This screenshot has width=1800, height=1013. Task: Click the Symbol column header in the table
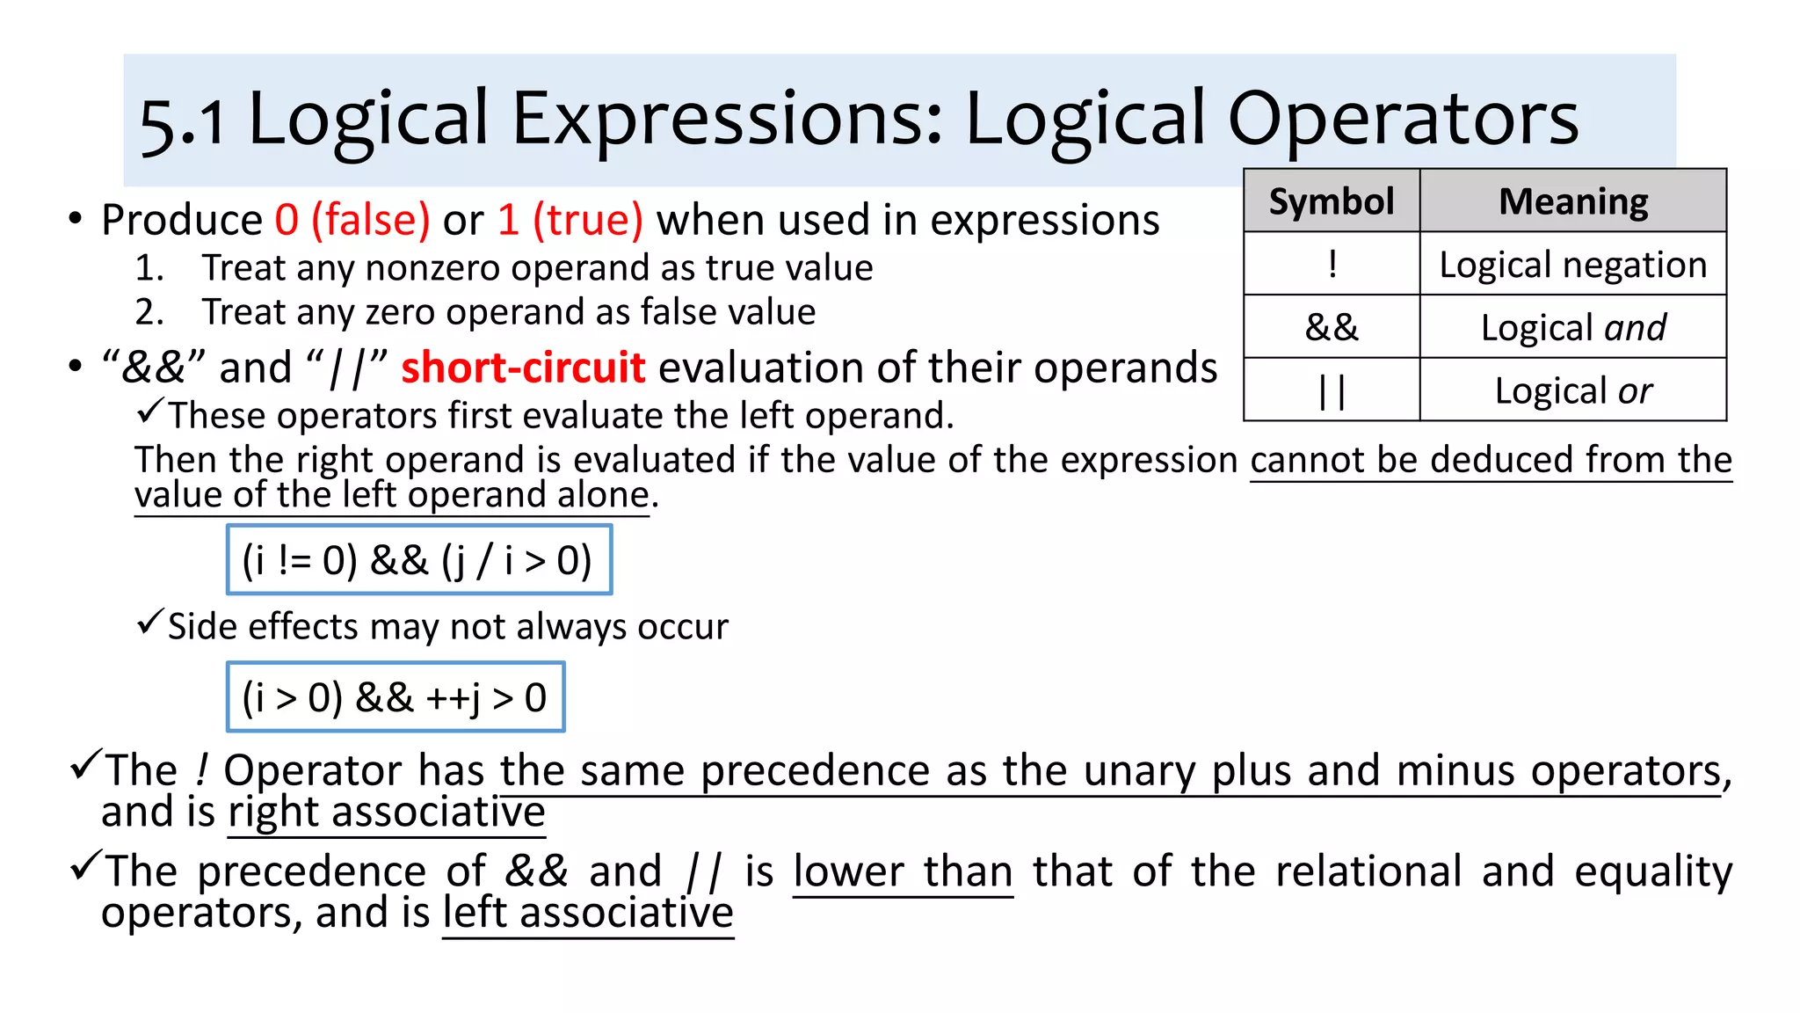tap(1331, 201)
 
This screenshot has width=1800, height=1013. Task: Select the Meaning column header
tap(1572, 201)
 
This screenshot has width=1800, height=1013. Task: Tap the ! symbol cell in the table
tap(1332, 264)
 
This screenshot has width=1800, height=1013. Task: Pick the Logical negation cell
tap(1572, 265)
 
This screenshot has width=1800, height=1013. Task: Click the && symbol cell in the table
tap(1332, 327)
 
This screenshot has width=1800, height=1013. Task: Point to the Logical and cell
tap(1572, 327)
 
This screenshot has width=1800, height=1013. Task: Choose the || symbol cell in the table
tap(1332, 390)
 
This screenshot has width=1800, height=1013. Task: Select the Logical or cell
tap(1572, 390)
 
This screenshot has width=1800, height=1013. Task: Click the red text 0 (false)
tap(352, 220)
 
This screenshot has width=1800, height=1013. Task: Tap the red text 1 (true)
tap(570, 220)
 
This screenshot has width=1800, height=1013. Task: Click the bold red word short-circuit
tap(523, 368)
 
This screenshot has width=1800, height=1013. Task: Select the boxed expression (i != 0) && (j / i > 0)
tap(418, 560)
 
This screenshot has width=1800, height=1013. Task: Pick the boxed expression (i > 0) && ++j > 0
tap(396, 697)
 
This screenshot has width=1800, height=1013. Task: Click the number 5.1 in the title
tap(182, 121)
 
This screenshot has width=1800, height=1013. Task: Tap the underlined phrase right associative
tap(387, 812)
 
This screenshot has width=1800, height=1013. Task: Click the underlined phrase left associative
tap(588, 913)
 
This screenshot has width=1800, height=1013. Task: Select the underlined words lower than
tap(903, 871)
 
